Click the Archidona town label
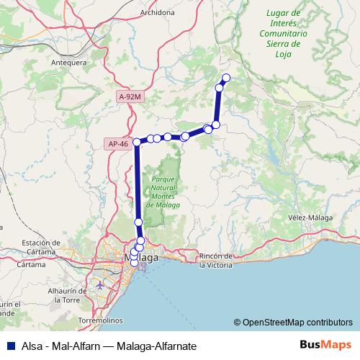pos(145,12)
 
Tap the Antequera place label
pos(49,62)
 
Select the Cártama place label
pos(32,264)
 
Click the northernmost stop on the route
pos(226,78)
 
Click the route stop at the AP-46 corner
pos(137,143)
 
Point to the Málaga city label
pos(142,258)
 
